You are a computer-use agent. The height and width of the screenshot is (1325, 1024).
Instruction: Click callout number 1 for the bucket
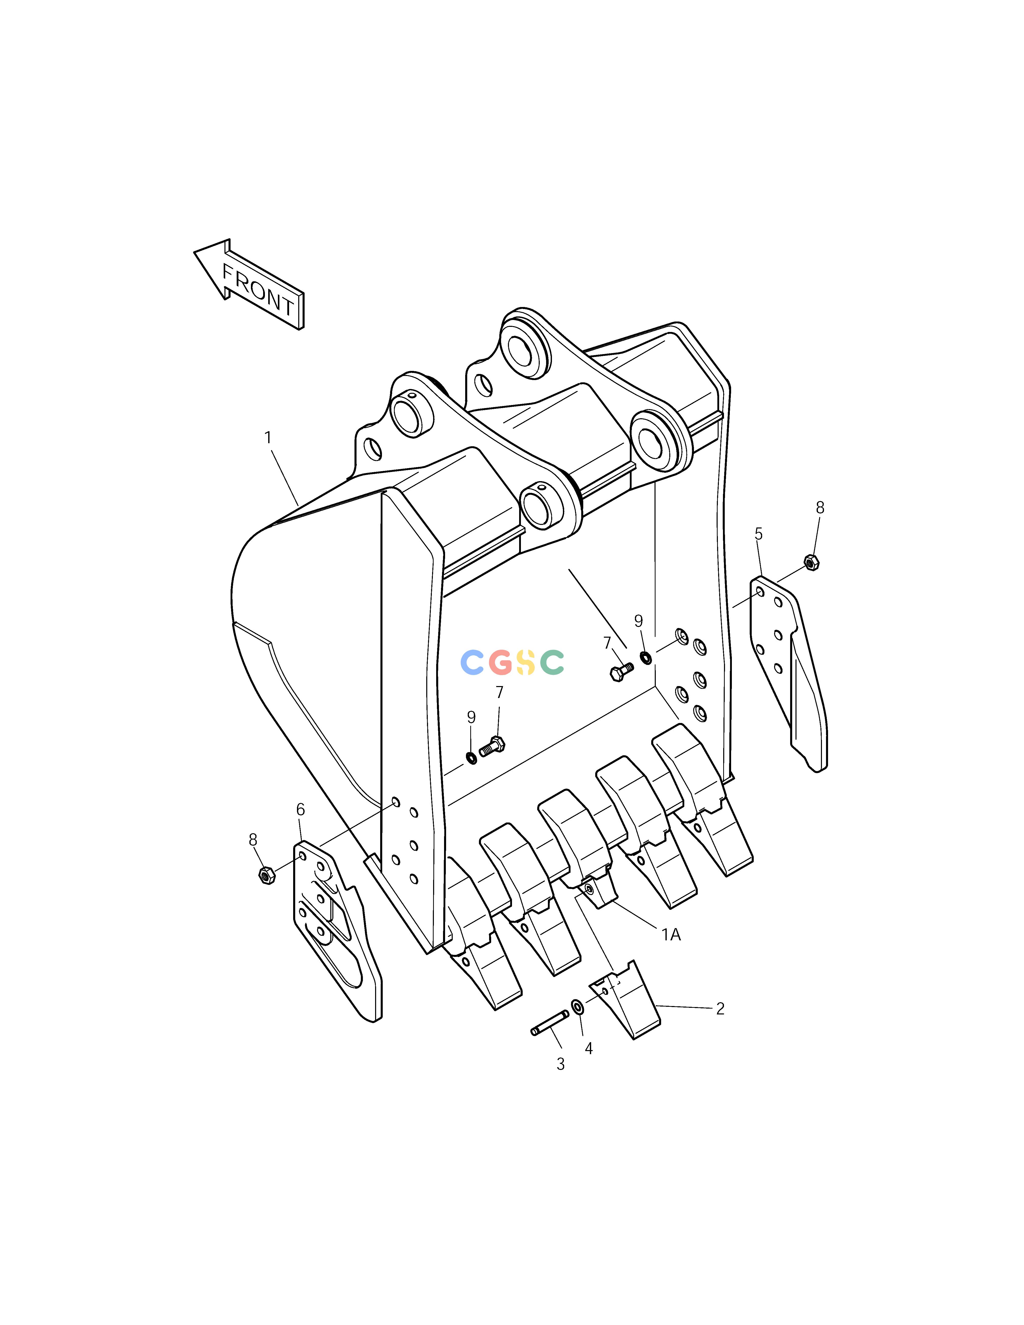click(267, 437)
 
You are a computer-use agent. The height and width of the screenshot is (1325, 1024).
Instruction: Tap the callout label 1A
click(671, 935)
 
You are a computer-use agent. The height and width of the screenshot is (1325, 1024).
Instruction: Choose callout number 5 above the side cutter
click(758, 534)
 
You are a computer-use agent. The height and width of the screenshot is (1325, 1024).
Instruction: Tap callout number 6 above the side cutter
click(300, 809)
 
